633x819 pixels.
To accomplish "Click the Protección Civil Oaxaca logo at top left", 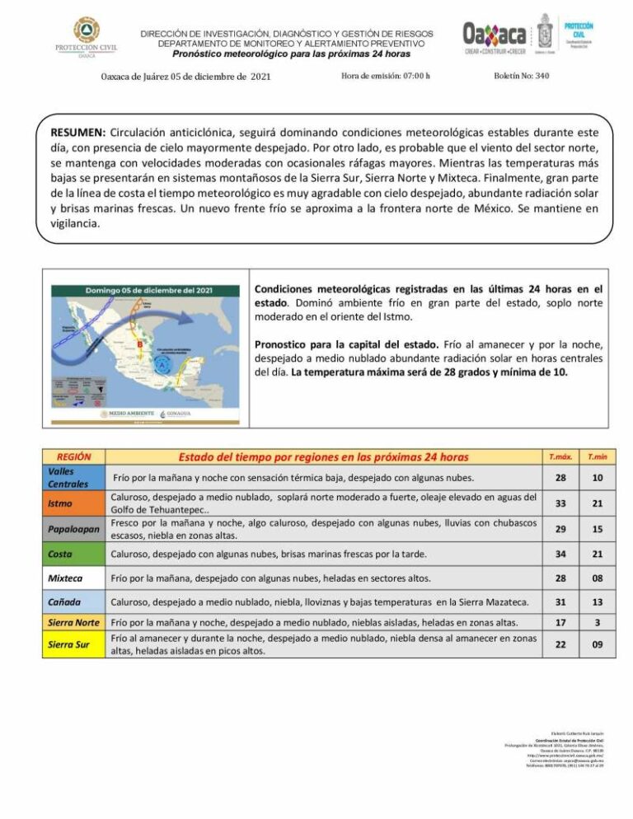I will [86, 38].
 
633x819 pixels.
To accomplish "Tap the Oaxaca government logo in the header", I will [495, 37].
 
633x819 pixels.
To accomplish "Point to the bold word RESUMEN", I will [78, 132].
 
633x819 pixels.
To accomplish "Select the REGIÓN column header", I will [74, 456].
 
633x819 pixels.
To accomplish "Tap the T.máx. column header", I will [560, 456].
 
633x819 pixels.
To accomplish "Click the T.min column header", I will [597, 456].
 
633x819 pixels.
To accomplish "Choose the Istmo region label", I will [61, 503].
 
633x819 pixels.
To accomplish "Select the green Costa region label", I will [61, 554].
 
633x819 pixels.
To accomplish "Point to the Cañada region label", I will [64, 603].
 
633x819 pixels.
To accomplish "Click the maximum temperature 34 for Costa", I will [560, 554].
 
